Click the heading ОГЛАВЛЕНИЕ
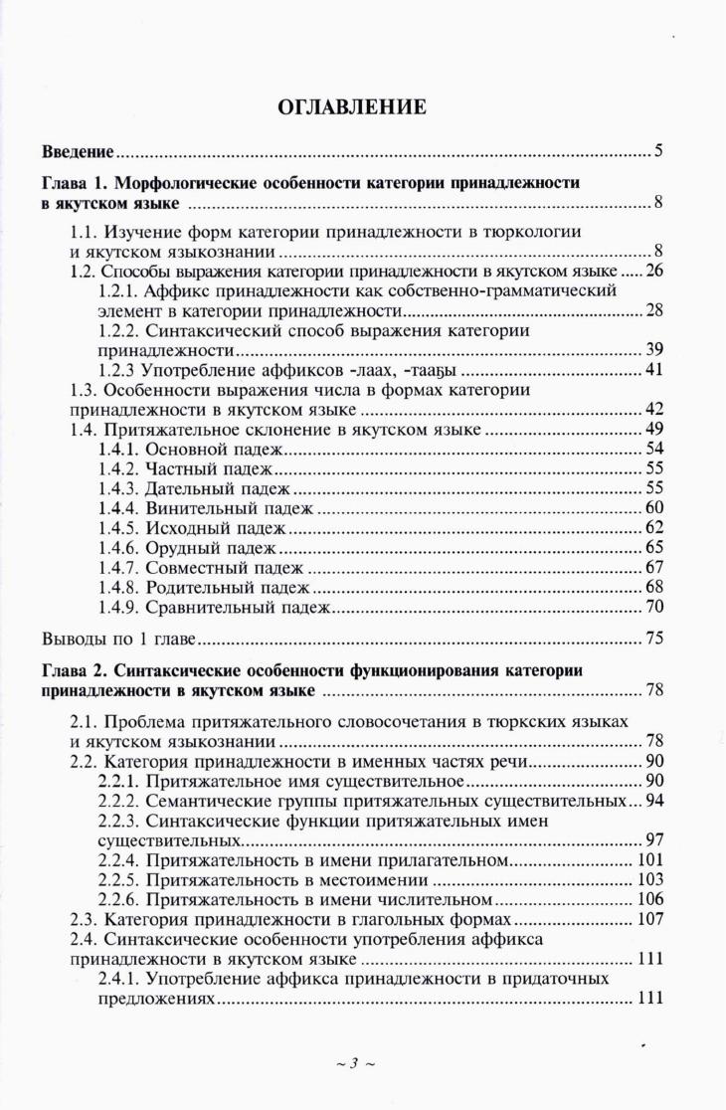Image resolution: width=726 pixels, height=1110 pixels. (x=362, y=106)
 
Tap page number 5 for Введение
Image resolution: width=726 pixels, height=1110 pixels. (x=658, y=153)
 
